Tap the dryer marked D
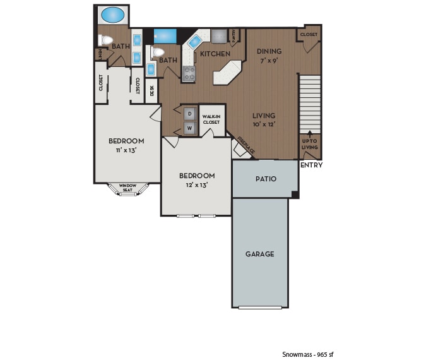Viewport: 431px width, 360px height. tap(189, 114)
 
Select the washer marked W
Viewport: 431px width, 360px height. tap(189, 128)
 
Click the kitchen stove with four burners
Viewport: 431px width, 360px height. tap(189, 73)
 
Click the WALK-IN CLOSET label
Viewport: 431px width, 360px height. tap(211, 120)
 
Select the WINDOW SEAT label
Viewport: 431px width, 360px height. tap(129, 188)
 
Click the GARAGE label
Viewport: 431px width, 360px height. tap(259, 254)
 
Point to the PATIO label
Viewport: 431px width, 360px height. tap(266, 179)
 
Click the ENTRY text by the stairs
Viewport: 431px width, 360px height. tap(311, 165)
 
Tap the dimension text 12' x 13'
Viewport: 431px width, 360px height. tap(196, 185)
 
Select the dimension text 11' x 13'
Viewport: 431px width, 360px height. tap(126, 150)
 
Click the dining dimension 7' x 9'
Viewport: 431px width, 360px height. tap(269, 61)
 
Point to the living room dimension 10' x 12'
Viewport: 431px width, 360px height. tap(264, 125)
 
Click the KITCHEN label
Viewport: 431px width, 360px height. tap(215, 54)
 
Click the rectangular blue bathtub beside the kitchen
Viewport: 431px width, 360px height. tap(165, 35)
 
